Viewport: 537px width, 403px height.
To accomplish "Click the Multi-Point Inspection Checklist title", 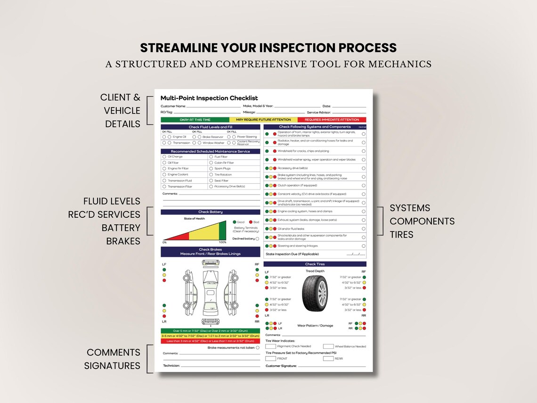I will point(209,98).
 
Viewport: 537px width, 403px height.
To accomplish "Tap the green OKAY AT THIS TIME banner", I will point(195,120).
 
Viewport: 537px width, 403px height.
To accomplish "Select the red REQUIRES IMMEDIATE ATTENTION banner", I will point(332,120).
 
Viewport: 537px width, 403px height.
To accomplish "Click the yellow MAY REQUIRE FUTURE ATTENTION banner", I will point(263,120).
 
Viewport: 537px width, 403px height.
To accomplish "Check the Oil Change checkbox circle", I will point(164,157).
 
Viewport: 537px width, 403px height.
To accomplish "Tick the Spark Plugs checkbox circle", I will point(211,168).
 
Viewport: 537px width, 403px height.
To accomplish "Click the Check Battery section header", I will point(210,212).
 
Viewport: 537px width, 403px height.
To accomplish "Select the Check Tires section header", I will point(315,264).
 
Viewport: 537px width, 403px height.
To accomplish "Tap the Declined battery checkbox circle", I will point(257,239).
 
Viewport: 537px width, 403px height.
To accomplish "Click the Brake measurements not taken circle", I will point(258,348).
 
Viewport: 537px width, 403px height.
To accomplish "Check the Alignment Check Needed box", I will point(270,346).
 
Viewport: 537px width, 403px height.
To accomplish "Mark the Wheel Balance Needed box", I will point(328,346).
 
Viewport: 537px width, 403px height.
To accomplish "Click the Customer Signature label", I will point(281,366).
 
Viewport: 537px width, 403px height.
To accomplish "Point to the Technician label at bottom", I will point(171,366).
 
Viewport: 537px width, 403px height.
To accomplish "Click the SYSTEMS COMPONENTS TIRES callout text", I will point(422,221).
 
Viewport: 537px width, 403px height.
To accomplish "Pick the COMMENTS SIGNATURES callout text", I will point(113,359).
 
